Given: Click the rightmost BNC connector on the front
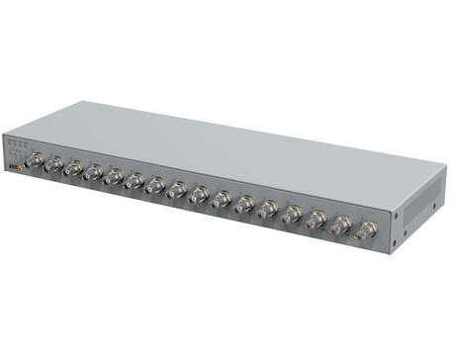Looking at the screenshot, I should (366, 231).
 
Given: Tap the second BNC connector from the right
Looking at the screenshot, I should (341, 226).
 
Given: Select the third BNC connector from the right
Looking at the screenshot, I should (316, 221).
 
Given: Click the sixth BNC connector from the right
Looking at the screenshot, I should (244, 206).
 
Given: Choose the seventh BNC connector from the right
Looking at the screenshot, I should (222, 201).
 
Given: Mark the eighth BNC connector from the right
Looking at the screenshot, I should (199, 196).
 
